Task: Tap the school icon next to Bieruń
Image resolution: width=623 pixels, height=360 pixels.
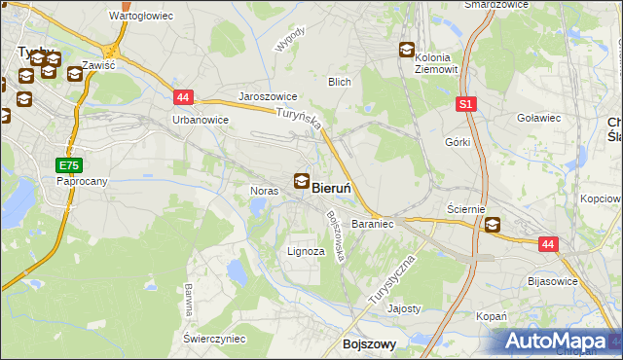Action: (x=302, y=180)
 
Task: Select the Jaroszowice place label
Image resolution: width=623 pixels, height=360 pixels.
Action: (x=268, y=98)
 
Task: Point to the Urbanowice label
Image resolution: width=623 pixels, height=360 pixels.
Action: (x=200, y=120)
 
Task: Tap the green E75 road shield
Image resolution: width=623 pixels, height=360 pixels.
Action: (x=67, y=165)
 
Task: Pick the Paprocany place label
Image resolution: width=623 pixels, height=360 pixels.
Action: (x=81, y=181)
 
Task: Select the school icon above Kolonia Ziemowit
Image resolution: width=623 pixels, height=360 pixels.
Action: (x=407, y=51)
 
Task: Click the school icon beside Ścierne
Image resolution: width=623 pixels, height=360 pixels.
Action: (x=493, y=226)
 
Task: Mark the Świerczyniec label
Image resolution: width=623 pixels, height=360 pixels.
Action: (x=213, y=338)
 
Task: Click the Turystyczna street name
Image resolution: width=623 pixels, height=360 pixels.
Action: (x=392, y=283)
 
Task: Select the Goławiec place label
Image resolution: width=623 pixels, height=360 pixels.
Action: (x=540, y=118)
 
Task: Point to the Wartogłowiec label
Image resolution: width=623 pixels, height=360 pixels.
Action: (x=141, y=17)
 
